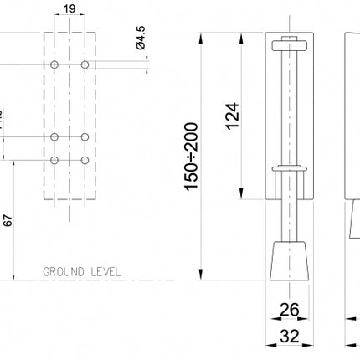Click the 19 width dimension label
click(x=70, y=10)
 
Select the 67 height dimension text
click(x=8, y=220)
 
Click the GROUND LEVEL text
click(x=83, y=272)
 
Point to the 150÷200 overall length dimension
click(x=192, y=157)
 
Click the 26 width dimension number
click(x=289, y=310)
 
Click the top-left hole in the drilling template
click(x=54, y=64)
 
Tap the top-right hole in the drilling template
click(x=85, y=64)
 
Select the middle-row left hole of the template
click(x=54, y=136)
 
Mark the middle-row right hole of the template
click(x=85, y=136)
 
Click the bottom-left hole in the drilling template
click(x=54, y=159)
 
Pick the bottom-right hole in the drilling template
click(x=85, y=159)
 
